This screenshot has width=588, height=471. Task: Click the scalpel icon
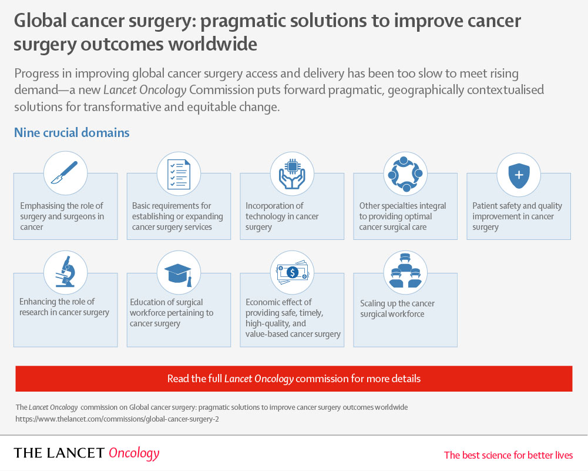65,173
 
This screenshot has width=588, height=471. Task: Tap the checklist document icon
179,175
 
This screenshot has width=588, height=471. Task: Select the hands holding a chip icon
292,174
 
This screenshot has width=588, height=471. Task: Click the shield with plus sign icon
519,175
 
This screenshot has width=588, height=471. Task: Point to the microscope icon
65,271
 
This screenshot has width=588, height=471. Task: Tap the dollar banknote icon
292,272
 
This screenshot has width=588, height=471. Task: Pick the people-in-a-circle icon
405,174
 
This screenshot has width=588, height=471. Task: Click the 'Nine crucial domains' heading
72,132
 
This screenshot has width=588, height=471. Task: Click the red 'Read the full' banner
294,379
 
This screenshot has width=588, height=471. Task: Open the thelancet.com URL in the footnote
117,419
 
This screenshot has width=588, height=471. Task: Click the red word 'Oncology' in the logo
134,453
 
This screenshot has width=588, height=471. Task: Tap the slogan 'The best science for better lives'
508,455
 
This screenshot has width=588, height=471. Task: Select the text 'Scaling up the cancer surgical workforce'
397,309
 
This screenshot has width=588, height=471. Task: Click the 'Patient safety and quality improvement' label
517,216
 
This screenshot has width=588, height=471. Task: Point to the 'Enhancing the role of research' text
64,307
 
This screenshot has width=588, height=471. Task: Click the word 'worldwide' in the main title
213,44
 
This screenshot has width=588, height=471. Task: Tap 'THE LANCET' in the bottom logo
59,453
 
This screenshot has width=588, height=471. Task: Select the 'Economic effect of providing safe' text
293,318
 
